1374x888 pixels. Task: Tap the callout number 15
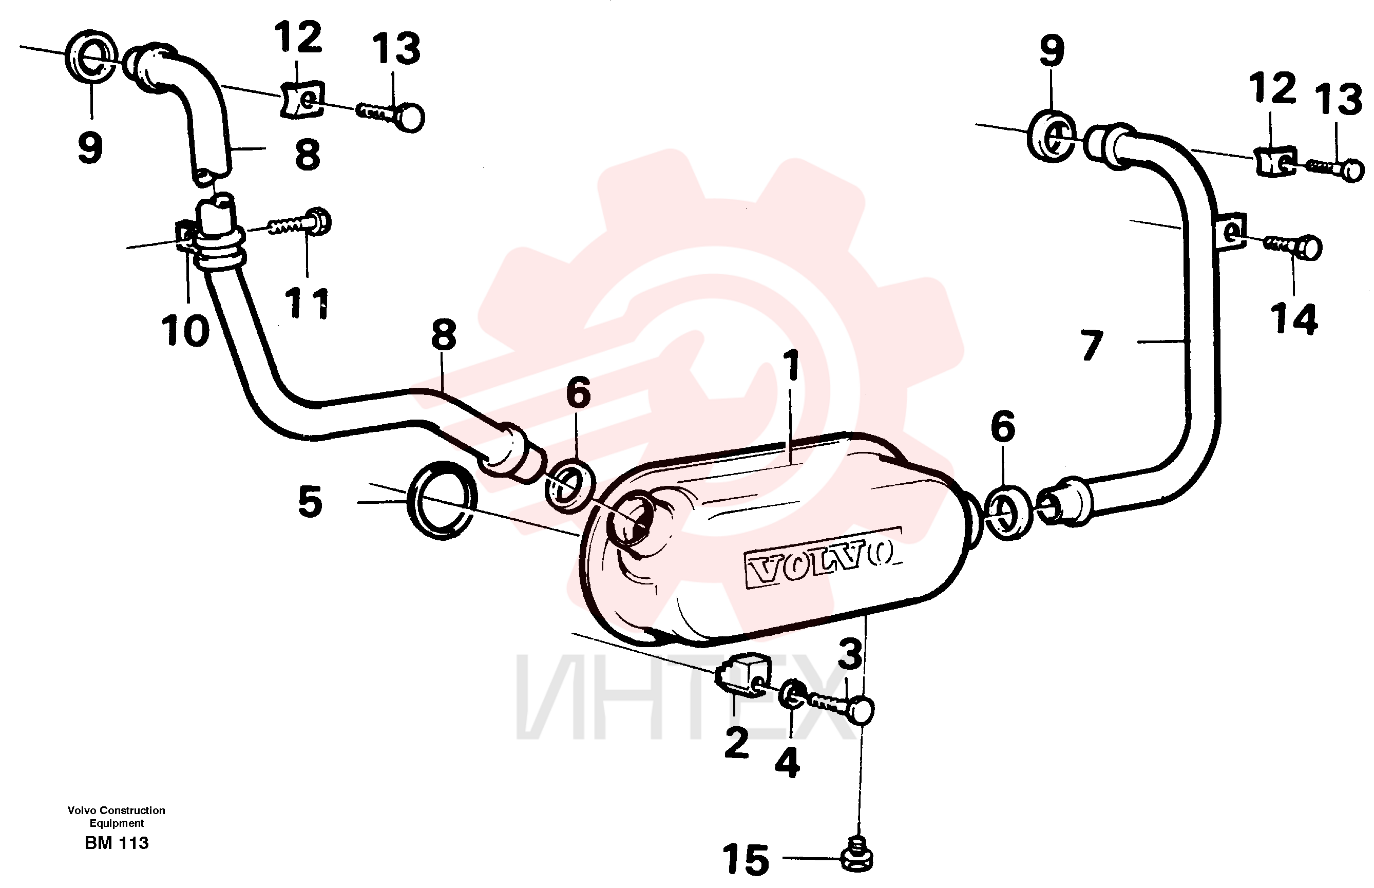pos(746,859)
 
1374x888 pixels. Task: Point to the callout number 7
pos(1091,345)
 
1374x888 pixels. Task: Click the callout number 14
pos(1294,319)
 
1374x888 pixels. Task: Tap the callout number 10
pos(185,331)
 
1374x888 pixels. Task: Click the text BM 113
pos(117,843)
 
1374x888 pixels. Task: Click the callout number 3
pos(850,654)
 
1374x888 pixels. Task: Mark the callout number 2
pos(737,743)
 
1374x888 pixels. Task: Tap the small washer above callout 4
pos(792,695)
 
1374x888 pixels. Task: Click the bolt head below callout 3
pos(860,710)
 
